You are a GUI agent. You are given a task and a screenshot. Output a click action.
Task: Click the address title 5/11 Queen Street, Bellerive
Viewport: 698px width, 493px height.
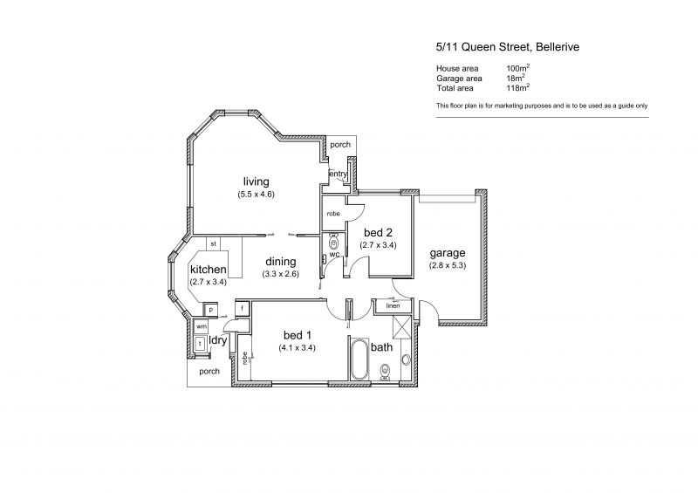click(x=508, y=47)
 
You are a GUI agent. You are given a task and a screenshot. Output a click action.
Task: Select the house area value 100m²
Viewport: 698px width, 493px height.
click(x=517, y=68)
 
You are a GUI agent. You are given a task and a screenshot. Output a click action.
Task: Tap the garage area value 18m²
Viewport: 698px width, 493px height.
click(x=516, y=78)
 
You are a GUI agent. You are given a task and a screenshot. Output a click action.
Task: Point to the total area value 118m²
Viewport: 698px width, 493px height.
click(x=517, y=88)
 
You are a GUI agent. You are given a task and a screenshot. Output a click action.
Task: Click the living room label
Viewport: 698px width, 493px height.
click(x=256, y=181)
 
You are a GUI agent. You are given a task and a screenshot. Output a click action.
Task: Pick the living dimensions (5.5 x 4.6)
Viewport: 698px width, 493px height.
click(x=256, y=195)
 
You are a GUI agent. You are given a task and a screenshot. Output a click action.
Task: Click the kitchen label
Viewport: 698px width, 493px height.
click(x=208, y=270)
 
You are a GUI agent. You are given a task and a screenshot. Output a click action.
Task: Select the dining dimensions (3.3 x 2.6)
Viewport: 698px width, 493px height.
click(x=280, y=274)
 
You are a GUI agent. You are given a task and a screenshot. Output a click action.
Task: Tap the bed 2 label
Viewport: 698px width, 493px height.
click(x=378, y=232)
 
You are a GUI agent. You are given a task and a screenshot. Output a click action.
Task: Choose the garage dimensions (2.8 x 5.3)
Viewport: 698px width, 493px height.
click(x=448, y=265)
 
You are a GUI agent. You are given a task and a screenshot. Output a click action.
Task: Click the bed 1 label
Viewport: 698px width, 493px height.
click(x=298, y=335)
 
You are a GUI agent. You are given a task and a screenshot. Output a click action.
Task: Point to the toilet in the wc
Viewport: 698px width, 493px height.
click(x=333, y=243)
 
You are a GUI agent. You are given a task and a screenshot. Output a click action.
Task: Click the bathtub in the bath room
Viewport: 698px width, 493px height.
click(x=359, y=359)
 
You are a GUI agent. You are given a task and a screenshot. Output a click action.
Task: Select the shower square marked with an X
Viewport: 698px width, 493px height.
click(x=401, y=327)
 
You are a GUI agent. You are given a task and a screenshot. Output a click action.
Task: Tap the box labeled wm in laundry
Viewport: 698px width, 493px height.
click(x=202, y=326)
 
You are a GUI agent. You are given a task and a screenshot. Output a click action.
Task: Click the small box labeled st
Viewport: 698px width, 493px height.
click(x=213, y=243)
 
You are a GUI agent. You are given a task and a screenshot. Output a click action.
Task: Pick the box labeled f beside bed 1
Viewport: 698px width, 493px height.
click(x=243, y=309)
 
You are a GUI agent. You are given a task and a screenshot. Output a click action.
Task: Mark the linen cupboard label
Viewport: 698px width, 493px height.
click(x=393, y=305)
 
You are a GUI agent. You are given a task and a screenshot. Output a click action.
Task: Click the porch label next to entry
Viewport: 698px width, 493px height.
click(x=340, y=145)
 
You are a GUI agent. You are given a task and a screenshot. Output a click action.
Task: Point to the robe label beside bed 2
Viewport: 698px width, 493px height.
click(x=333, y=214)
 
